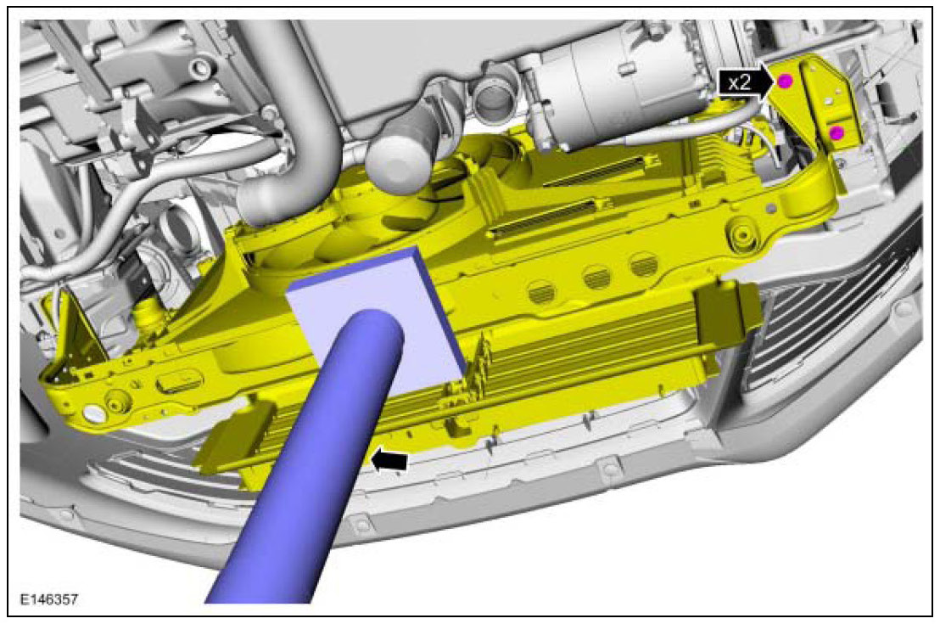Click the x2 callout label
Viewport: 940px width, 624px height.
click(739, 82)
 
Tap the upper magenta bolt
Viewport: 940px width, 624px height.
click(786, 81)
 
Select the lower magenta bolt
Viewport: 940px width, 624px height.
click(836, 132)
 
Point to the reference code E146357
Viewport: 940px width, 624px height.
click(49, 599)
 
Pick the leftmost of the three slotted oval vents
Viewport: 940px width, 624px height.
click(544, 292)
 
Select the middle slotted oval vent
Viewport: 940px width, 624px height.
click(597, 278)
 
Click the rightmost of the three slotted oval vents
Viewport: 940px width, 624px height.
click(644, 264)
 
